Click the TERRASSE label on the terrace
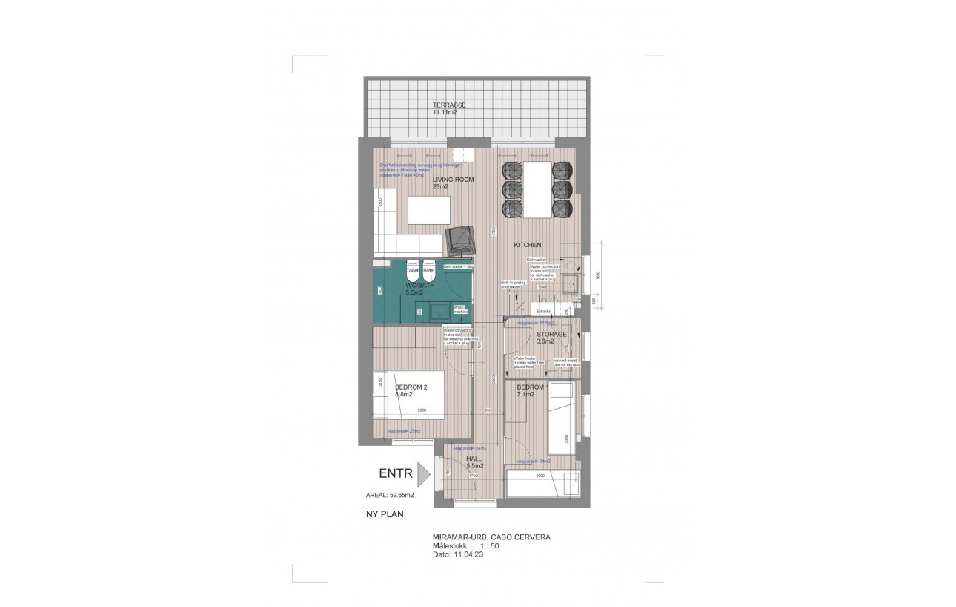point(449,105)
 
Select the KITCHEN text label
point(528,245)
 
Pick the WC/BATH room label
point(419,286)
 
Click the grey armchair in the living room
point(462,240)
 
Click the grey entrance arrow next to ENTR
point(423,474)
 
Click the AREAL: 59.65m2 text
point(390,495)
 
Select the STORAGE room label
point(551,335)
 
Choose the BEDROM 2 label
point(411,387)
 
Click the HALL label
point(474,459)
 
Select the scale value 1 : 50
point(489,545)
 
